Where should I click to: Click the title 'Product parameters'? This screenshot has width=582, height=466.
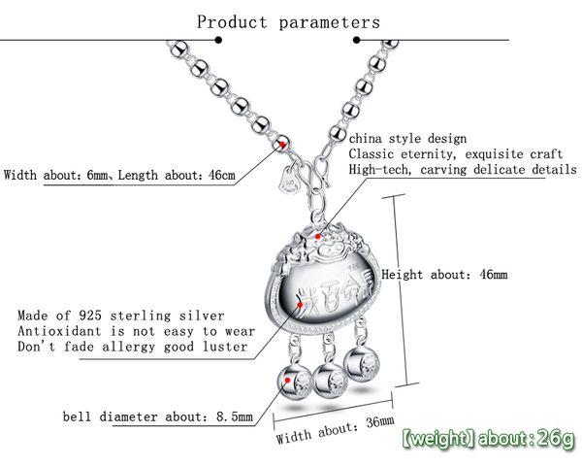[288, 20]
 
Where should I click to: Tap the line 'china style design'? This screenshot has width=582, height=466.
[407, 139]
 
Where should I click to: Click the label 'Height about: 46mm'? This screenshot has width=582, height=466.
[444, 275]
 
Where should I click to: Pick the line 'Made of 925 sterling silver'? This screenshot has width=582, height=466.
[121, 316]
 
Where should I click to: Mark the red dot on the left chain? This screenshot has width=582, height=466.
[281, 145]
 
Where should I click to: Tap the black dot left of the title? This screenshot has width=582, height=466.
[218, 40]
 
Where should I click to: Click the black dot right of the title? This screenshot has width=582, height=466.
[355, 40]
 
